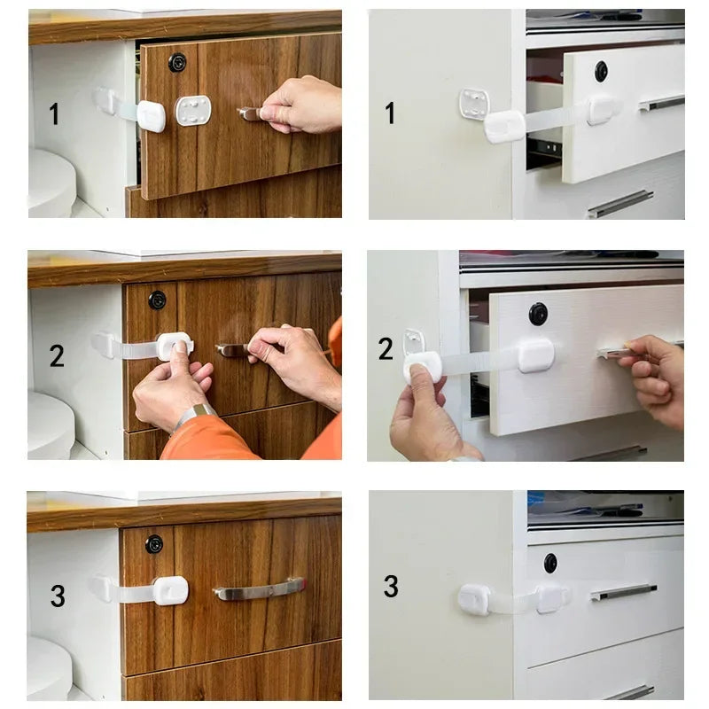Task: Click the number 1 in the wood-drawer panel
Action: [54, 114]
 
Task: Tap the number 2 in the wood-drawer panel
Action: [57, 356]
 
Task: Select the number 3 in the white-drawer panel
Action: [391, 587]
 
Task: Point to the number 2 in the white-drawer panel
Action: [386, 349]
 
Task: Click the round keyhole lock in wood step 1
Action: [177, 62]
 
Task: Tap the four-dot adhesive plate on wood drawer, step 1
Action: [193, 111]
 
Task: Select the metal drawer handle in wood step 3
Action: [259, 588]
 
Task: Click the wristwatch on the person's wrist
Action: [194, 414]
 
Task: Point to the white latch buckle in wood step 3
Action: [169, 590]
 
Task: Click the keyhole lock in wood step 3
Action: [154, 543]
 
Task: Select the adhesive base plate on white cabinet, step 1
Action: [474, 104]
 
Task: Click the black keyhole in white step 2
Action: [538, 314]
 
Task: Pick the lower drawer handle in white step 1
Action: [620, 204]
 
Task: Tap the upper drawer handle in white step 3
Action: [624, 592]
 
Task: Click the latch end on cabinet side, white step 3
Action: [474, 600]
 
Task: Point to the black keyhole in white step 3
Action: [550, 563]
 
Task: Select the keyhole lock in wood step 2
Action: [157, 300]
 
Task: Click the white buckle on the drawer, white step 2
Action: [536, 355]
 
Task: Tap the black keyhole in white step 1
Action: [601, 71]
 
